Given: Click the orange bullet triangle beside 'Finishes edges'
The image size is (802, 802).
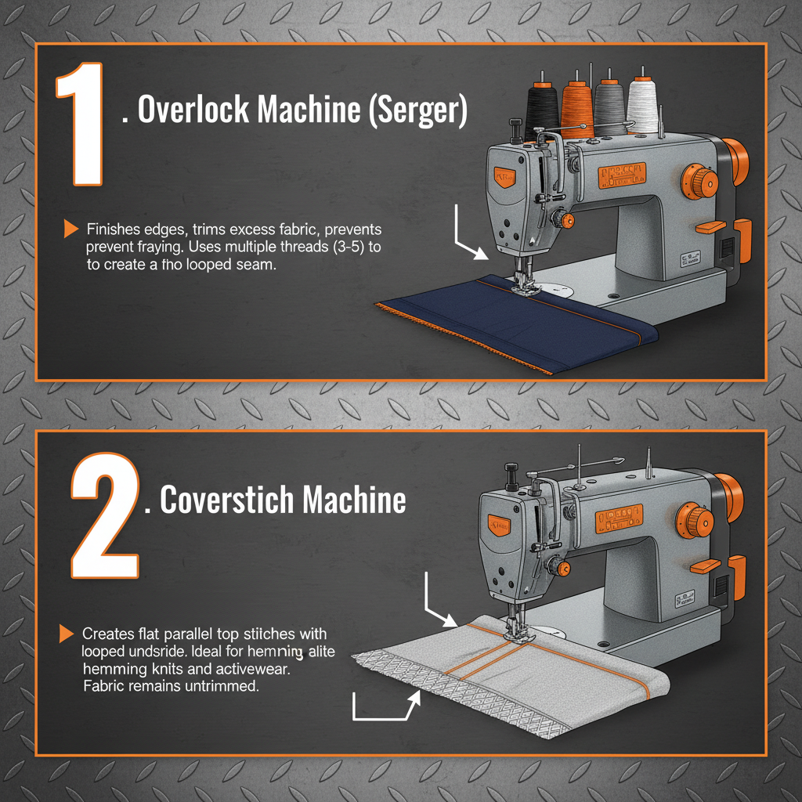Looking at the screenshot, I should point(70,229).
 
